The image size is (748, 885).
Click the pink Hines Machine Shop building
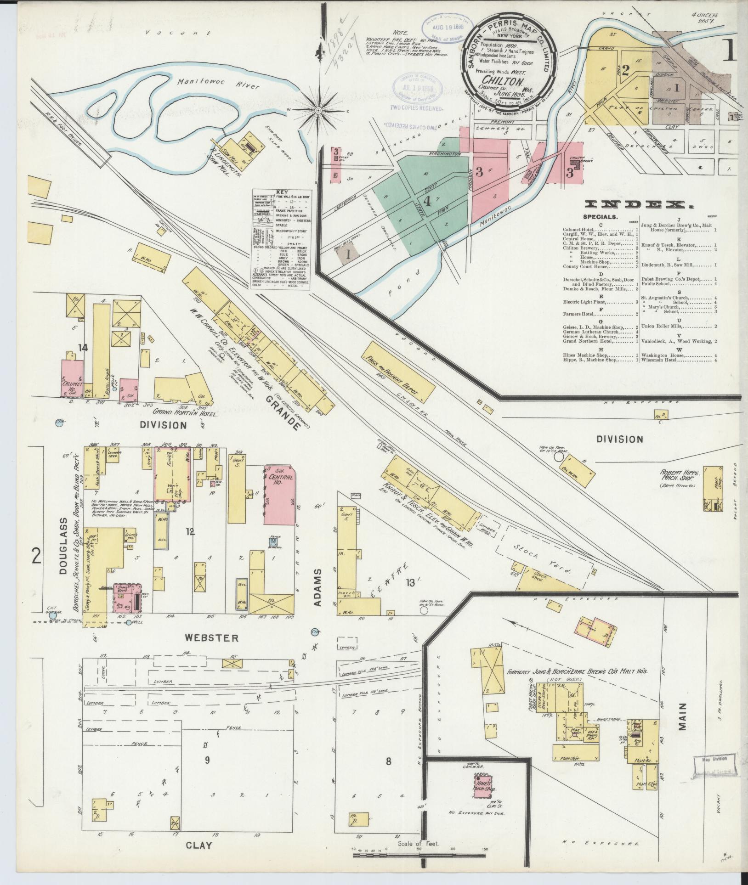pos(483,787)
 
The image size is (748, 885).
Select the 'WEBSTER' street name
pos(211,638)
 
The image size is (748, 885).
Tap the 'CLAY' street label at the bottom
pos(199,845)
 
